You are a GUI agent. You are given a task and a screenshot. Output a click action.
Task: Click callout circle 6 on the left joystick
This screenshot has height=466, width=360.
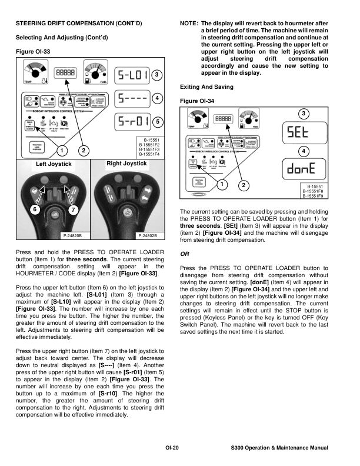coord(35,210)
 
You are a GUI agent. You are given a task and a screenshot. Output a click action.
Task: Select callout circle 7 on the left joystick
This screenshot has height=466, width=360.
coord(73,210)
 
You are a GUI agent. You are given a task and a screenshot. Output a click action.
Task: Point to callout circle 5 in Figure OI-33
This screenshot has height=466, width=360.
coord(158,121)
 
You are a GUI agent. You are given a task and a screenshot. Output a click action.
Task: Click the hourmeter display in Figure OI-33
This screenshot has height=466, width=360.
coord(64,72)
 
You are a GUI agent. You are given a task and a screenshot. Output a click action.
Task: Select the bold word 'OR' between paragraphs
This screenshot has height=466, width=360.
coord(185,254)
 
